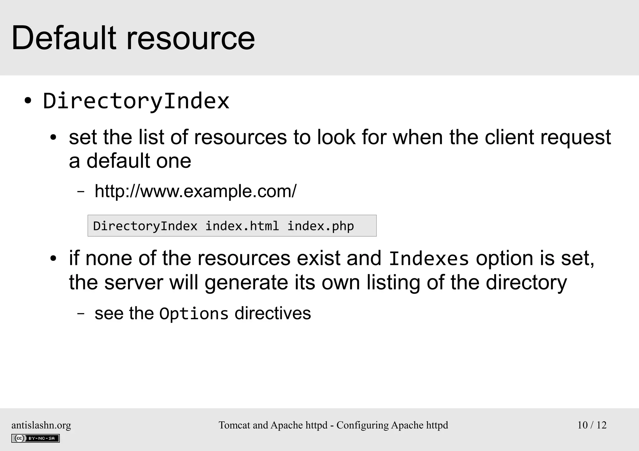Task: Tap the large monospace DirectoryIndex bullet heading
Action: [136, 101]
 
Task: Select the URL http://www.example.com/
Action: [195, 191]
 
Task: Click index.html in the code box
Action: [242, 226]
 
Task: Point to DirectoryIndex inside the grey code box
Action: [145, 226]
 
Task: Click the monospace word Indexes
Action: [429, 259]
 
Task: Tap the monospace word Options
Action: [194, 314]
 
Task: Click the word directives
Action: [273, 313]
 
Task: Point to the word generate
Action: [246, 283]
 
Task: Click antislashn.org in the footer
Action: [41, 425]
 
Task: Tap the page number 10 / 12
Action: [592, 425]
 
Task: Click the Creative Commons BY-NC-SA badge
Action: [36, 438]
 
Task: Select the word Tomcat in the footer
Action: [235, 425]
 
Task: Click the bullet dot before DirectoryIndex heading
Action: [28, 101]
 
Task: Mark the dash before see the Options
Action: [80, 313]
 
